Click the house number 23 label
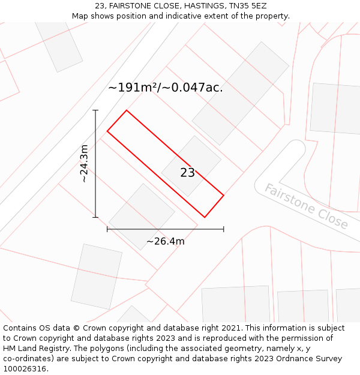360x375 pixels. pyautogui.click(x=187, y=173)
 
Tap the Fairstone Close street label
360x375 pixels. pyautogui.click(x=306, y=206)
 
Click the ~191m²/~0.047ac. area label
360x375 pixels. pyautogui.click(x=165, y=88)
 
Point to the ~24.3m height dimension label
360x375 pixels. pyautogui.click(x=84, y=163)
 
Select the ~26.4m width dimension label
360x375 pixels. pyautogui.click(x=165, y=241)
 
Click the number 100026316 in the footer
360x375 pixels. pyautogui.click(x=24, y=369)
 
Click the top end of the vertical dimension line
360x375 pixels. pyautogui.click(x=95, y=110)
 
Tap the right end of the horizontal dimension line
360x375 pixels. pyautogui.click(x=224, y=229)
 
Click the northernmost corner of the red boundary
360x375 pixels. pyautogui.click(x=127, y=110)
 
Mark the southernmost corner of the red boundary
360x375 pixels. pyautogui.click(x=205, y=217)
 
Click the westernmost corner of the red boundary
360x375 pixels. pyautogui.click(x=107, y=131)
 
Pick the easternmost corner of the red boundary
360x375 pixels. pyautogui.click(x=224, y=195)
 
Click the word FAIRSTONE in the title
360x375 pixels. pyautogui.click(x=130, y=6)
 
